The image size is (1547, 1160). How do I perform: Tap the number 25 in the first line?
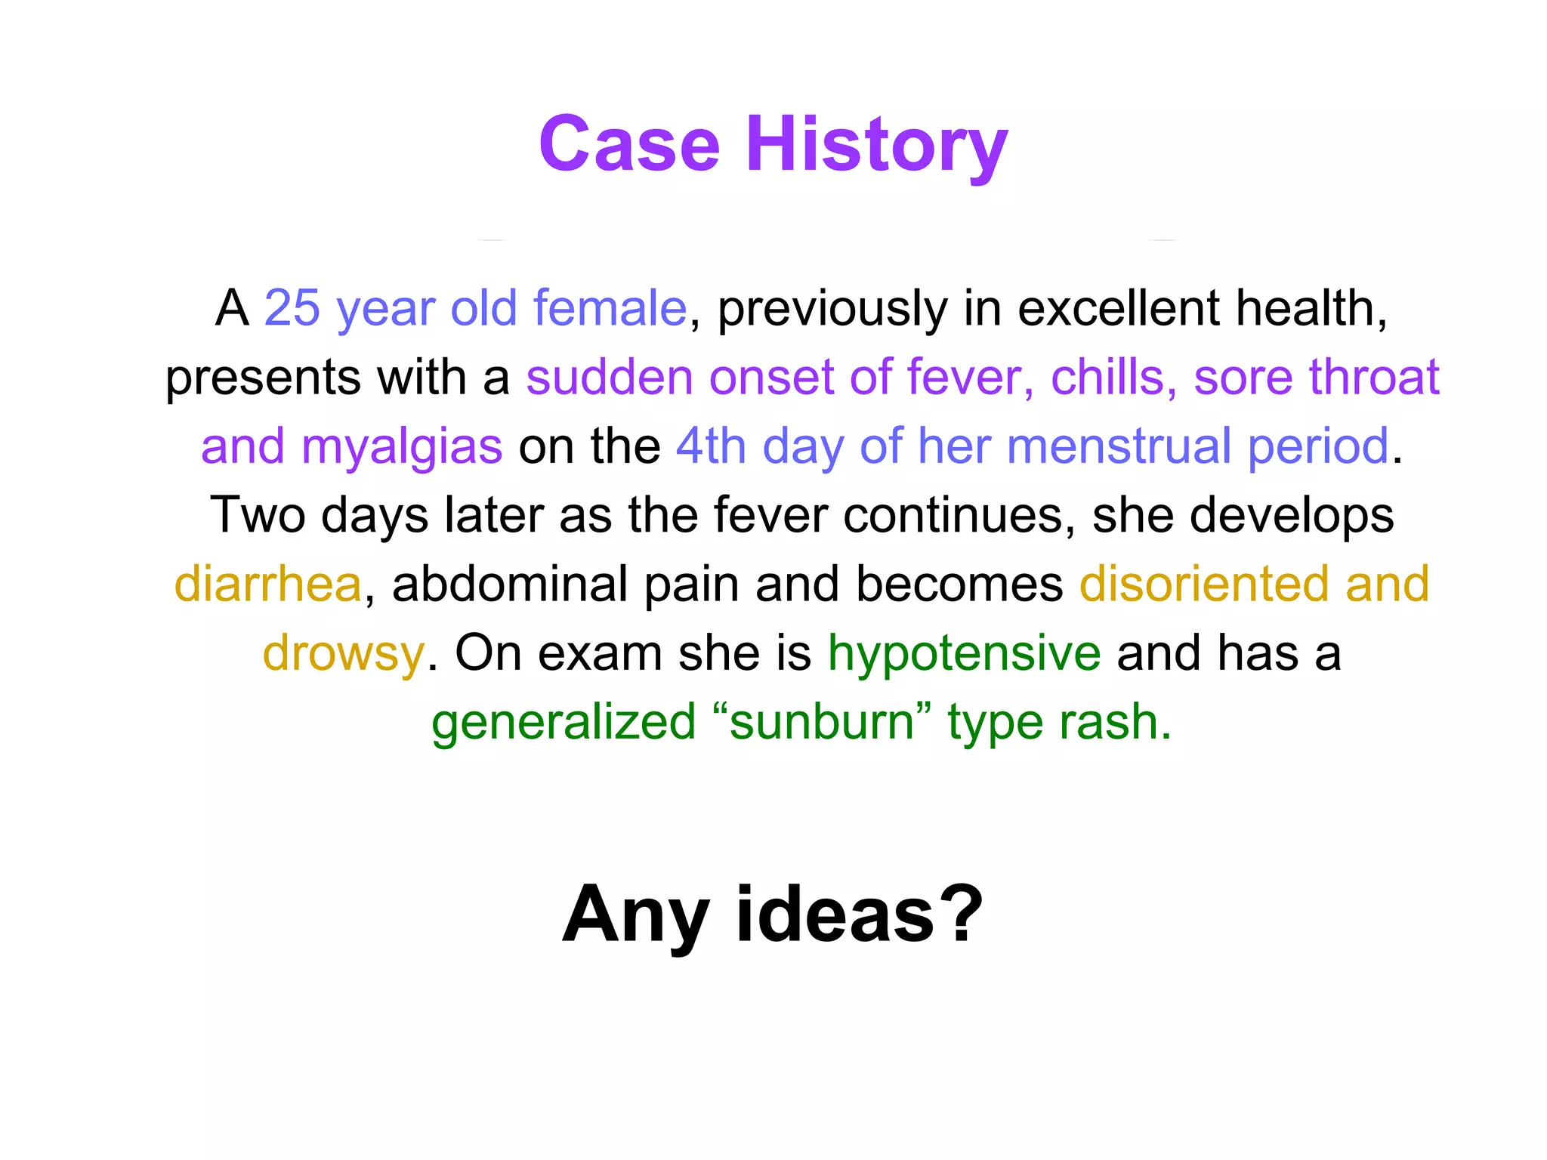(292, 308)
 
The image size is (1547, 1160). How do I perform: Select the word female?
(610, 308)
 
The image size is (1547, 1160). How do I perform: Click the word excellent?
(1118, 308)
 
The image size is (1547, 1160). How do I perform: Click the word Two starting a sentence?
(256, 515)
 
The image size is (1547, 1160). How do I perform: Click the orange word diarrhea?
(268, 585)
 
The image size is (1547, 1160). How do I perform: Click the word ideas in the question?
(835, 915)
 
